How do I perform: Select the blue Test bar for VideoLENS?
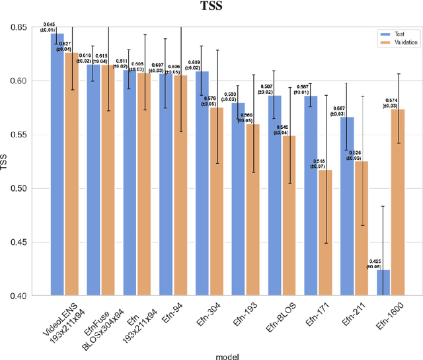[x=59, y=165]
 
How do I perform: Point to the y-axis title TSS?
[x=9, y=162]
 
